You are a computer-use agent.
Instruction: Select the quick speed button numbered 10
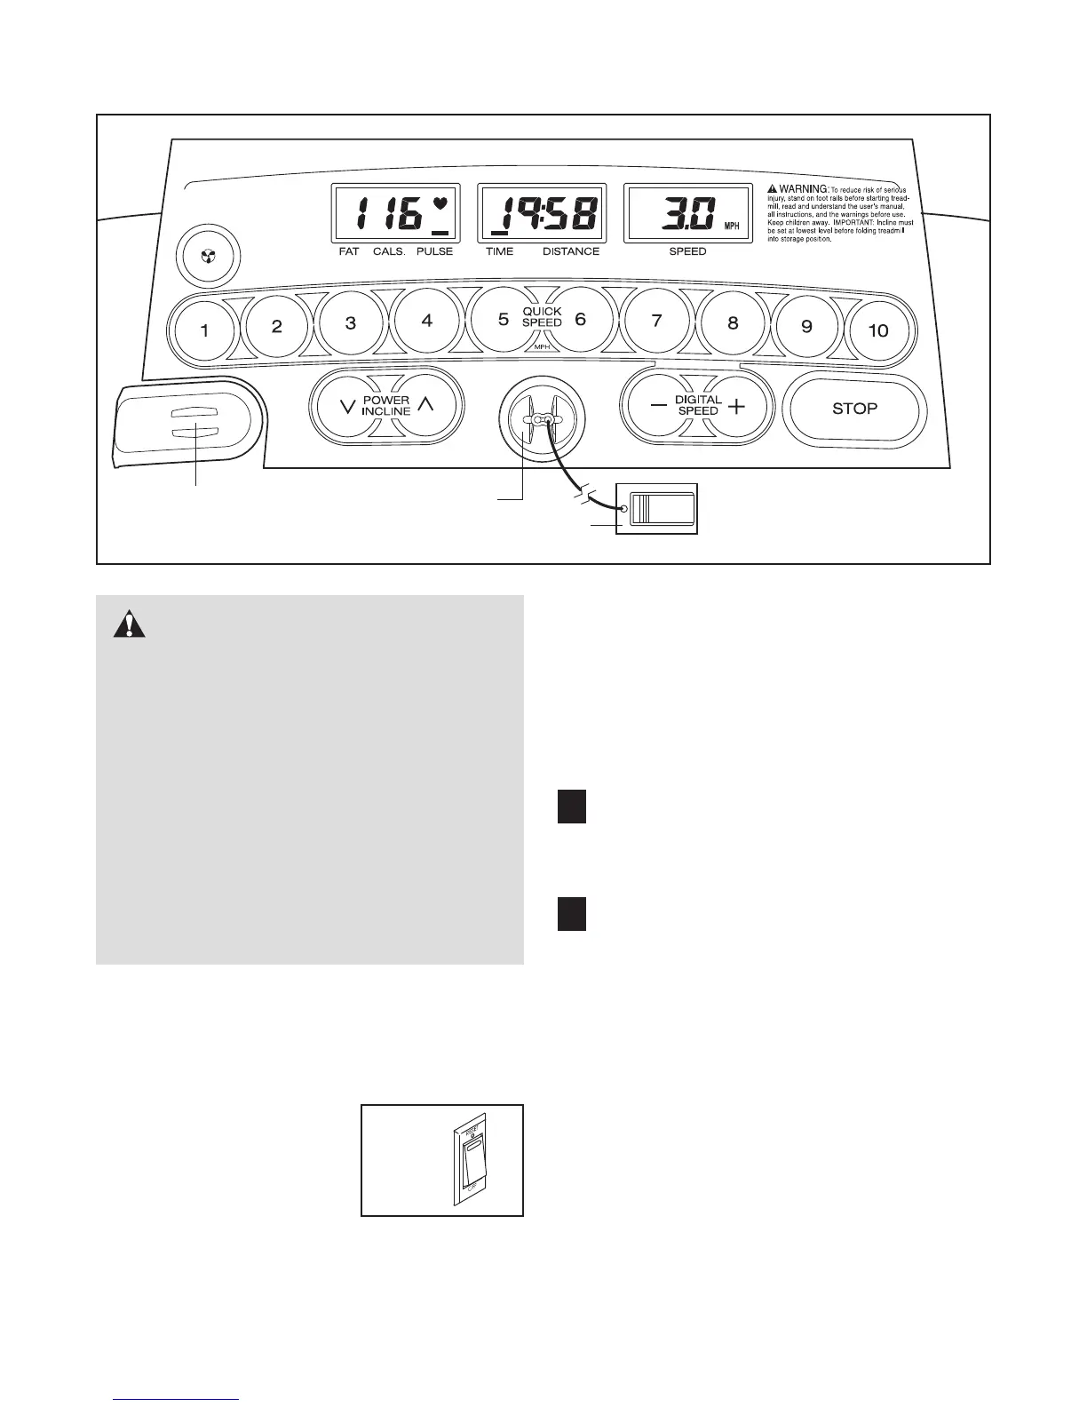point(877,330)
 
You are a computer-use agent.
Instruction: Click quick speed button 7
point(657,322)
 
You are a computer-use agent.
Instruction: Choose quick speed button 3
point(351,323)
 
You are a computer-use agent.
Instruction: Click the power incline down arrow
point(348,407)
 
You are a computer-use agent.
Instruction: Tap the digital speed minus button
point(658,407)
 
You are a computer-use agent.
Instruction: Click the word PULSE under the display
point(434,251)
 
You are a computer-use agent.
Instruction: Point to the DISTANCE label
point(571,251)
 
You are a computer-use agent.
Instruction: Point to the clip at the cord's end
point(662,508)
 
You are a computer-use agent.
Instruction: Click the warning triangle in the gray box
point(130,625)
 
